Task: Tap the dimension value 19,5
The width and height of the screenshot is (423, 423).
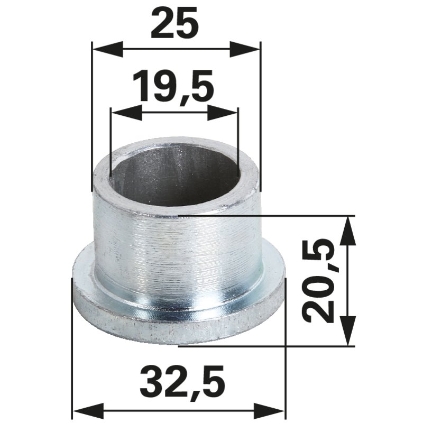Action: (173, 86)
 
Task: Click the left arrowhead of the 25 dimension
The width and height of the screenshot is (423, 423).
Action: (107, 49)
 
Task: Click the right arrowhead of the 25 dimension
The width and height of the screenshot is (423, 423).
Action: (245, 49)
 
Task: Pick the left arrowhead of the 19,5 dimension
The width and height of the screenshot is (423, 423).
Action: (126, 113)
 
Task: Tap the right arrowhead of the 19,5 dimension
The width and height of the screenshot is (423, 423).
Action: (223, 113)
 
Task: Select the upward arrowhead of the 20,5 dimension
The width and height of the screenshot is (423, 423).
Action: (347, 231)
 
